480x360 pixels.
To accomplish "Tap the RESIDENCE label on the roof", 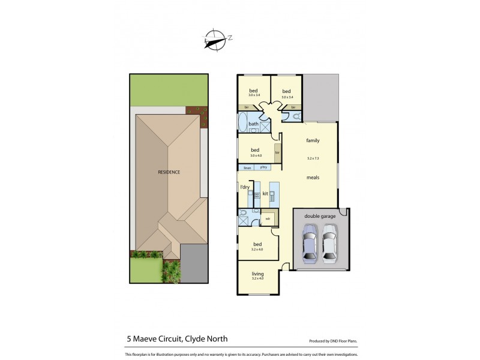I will [169, 172].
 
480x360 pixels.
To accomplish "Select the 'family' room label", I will [313, 140].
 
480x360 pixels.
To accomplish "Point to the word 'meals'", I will [313, 178].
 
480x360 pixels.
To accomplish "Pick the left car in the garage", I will [309, 243].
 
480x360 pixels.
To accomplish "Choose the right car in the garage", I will [329, 243].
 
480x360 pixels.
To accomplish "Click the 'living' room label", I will [257, 274].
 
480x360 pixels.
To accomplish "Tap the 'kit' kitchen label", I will [265, 194].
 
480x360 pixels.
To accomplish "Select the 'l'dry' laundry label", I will [245, 188].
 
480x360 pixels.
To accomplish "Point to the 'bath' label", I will [254, 124].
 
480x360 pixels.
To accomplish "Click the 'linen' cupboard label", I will [247, 167].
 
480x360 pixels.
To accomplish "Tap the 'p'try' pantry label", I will [263, 167].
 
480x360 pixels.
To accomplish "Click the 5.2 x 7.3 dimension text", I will [313, 158].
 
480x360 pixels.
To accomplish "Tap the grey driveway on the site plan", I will [194, 265].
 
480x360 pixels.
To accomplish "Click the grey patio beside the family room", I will [320, 97].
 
